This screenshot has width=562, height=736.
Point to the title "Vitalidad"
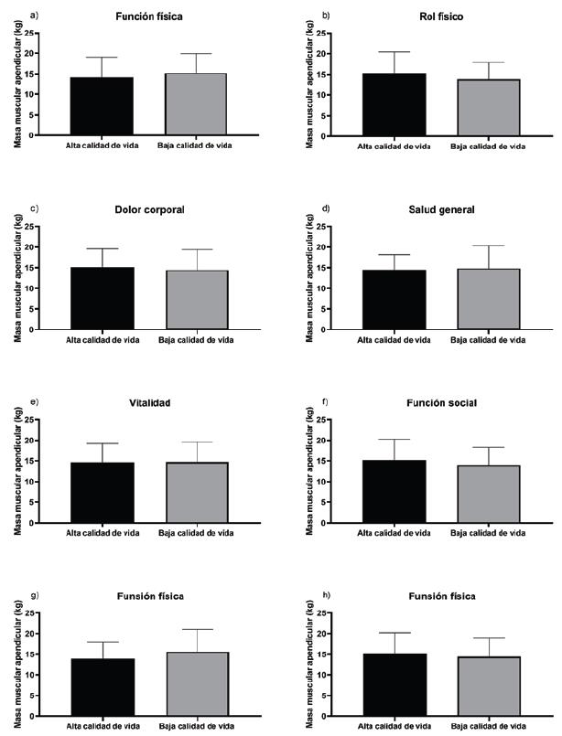click(150, 403)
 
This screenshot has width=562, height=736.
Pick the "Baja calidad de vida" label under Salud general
click(489, 339)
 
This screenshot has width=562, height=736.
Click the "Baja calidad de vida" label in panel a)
click(197, 145)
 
